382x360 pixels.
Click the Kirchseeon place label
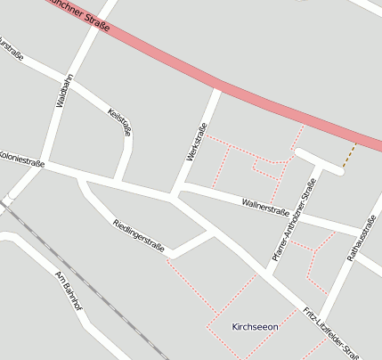255,327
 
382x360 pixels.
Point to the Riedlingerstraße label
138,235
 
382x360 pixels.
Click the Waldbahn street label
61,89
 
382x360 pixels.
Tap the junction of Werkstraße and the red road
216,85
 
